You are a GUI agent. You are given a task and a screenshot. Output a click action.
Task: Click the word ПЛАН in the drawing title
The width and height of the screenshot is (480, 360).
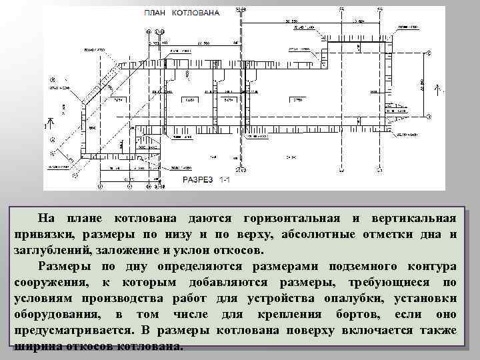pyautogui.click(x=155, y=12)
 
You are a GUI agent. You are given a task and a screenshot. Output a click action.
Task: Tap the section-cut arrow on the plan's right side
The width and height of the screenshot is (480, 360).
pyautogui.click(x=437, y=88)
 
